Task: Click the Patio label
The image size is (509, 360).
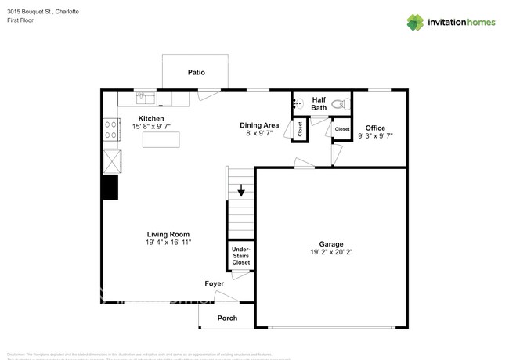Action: [196, 73]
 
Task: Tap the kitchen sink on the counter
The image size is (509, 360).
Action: [145, 98]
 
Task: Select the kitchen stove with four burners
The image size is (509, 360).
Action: [110, 128]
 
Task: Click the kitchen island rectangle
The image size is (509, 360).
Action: [161, 139]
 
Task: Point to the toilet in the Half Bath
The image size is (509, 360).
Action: [339, 103]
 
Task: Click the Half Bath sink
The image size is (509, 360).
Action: [298, 103]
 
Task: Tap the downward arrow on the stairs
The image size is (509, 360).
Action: [241, 189]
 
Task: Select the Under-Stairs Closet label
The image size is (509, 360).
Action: [241, 256]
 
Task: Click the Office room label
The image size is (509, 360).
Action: [375, 128]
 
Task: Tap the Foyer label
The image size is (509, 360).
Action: [215, 284]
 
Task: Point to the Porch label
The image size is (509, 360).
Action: [227, 318]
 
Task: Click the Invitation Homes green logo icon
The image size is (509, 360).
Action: [414, 22]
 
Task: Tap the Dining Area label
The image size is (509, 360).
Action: [259, 125]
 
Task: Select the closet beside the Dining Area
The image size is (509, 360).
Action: [300, 130]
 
